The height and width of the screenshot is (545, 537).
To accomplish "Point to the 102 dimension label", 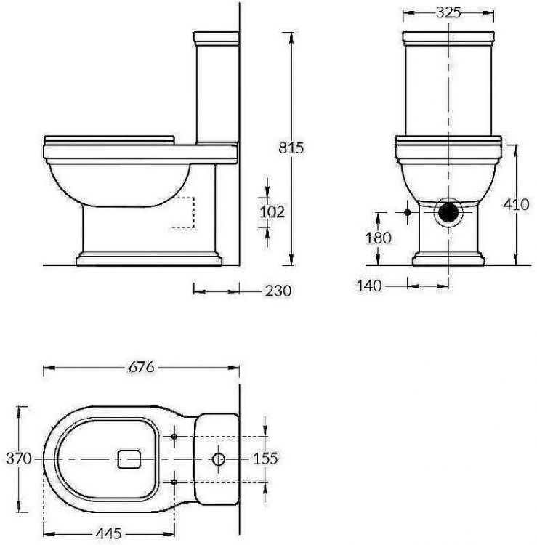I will point(272,211).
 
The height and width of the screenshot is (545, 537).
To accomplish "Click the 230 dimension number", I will point(278,291).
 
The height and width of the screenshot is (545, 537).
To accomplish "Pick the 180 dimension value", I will point(379,238).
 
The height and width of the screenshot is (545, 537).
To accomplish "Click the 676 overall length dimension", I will point(141,368).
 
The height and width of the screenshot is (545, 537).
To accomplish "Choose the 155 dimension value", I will point(266,459).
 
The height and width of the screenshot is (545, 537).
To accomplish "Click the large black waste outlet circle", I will point(448,212).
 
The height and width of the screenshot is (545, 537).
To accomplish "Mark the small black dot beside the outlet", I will point(407,212).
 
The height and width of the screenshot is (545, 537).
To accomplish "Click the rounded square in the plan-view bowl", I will point(129,459).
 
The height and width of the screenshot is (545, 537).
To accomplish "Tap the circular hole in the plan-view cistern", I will point(218,459).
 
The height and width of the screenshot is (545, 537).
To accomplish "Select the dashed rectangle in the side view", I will point(184,212).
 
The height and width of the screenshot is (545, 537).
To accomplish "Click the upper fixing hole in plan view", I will point(175,437).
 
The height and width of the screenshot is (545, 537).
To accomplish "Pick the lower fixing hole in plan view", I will point(175,481).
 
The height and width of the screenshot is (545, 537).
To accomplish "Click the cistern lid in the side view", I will point(217,36).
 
